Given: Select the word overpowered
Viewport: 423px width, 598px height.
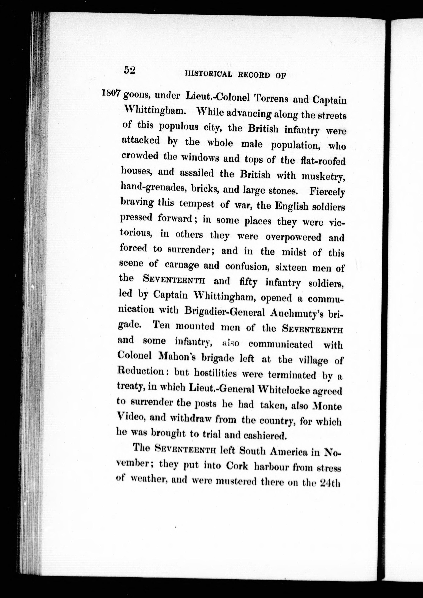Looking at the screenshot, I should [294, 237].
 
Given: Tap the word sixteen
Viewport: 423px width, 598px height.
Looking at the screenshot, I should [291, 268].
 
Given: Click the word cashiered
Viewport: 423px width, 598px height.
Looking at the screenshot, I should [264, 435].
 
